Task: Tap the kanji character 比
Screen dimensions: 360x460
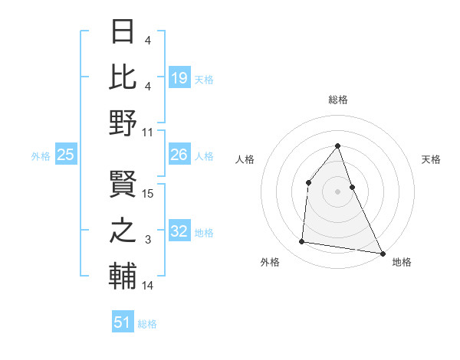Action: point(123,77)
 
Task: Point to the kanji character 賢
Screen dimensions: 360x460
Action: point(123,185)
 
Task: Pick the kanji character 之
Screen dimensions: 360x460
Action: point(123,229)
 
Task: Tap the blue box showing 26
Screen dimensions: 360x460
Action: point(179,155)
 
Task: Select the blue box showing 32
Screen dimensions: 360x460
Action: point(179,231)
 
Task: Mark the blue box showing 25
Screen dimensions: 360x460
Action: point(66,155)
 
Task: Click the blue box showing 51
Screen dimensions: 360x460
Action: point(123,322)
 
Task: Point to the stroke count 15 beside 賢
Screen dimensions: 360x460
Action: point(149,194)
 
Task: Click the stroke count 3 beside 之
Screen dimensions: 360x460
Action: point(148,240)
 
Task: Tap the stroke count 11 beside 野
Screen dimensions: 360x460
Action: point(148,133)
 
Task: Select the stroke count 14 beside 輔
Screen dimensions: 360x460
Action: point(148,286)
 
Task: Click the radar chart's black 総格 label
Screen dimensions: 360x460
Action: point(337,100)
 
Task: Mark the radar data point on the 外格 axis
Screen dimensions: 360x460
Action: point(302,242)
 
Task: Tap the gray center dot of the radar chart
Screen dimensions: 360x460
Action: point(337,191)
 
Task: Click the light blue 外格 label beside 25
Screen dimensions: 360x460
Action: point(41,155)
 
